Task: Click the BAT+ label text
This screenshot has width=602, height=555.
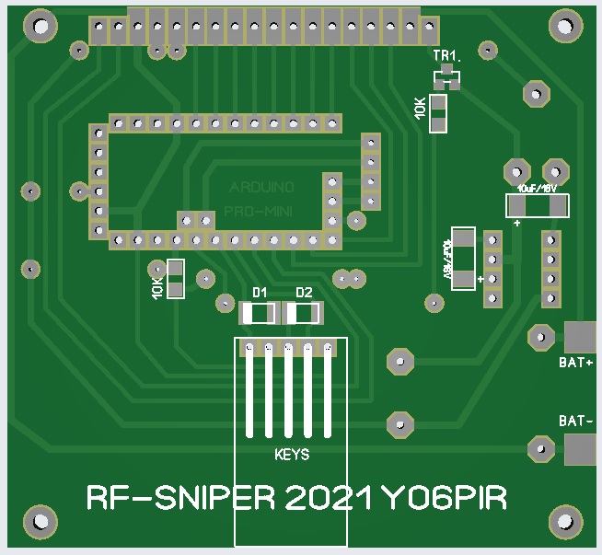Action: click(x=575, y=363)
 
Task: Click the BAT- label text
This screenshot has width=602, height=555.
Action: click(x=575, y=421)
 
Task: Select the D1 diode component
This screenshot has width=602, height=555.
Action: click(x=258, y=314)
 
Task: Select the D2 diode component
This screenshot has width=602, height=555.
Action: click(x=304, y=314)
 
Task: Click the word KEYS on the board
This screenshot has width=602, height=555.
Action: click(x=293, y=455)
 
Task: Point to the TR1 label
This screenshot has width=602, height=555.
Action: click(x=446, y=56)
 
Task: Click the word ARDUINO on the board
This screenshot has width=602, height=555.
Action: click(x=261, y=187)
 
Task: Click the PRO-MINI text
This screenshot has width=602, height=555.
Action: click(x=261, y=214)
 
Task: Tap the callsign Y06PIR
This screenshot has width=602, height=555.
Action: click(x=444, y=499)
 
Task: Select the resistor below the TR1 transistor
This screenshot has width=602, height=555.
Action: click(x=439, y=113)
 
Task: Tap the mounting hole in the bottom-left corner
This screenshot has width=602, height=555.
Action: click(x=39, y=522)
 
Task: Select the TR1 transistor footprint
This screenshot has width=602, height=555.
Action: click(x=448, y=75)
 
